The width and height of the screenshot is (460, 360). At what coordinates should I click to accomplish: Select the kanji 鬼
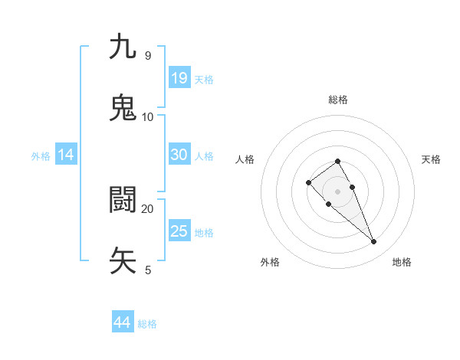pos(123,108)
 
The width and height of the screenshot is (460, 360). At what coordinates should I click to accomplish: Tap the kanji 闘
pos(123,200)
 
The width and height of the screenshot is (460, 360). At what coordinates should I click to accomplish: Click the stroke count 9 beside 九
pos(147,56)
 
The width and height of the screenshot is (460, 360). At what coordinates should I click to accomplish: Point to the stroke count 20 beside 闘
pos(147,208)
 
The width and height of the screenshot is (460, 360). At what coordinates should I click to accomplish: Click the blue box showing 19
pos(179,78)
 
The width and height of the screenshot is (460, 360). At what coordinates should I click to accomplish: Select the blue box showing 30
pos(179,155)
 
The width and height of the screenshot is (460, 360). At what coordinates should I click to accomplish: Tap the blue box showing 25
pos(179,231)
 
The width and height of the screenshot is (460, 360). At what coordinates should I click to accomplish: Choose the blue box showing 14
pos(66,155)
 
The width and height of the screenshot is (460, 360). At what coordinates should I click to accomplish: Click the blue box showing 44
pos(123,323)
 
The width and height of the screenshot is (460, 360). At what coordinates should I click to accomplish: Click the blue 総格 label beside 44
pos(147,324)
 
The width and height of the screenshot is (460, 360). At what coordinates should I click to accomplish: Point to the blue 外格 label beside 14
pos(41,155)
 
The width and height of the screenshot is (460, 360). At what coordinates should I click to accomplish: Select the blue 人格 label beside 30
pos(204,155)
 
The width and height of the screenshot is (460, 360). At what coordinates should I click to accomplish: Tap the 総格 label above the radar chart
pos(338,100)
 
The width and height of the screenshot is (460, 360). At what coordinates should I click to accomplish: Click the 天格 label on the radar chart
pos(432,159)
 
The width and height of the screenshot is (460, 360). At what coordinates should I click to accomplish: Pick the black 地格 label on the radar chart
pos(402,262)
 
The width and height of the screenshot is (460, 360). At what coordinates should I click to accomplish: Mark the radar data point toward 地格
pos(374,242)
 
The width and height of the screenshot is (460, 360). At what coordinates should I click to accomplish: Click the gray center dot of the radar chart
pos(338,191)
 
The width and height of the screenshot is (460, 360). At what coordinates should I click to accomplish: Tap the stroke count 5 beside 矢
pos(148,270)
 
